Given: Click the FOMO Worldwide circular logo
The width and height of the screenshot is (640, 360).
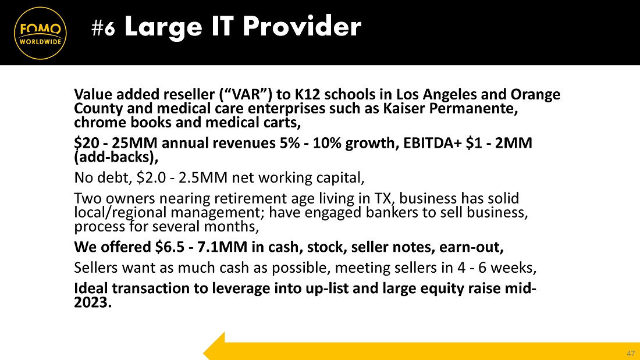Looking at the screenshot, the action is tap(40, 33).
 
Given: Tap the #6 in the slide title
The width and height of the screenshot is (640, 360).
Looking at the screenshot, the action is tap(103, 28).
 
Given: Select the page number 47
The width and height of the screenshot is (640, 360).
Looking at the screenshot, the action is tap(631, 353).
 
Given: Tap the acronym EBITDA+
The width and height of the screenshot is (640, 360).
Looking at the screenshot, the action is tap(433, 143).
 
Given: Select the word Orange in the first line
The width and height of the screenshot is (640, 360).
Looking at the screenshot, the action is tap(535, 95).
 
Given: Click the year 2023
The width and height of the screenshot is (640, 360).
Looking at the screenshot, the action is tap(91, 302).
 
